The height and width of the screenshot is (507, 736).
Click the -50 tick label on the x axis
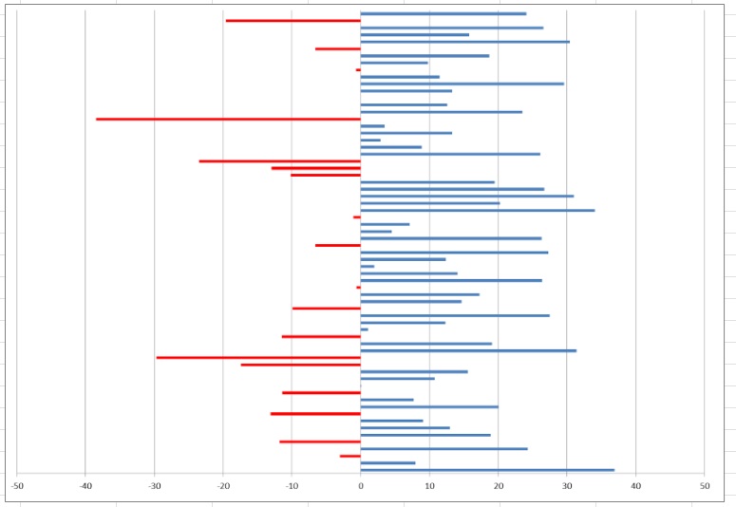click(x=17, y=486)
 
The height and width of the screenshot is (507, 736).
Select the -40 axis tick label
click(x=85, y=486)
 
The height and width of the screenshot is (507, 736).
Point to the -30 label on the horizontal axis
click(x=155, y=486)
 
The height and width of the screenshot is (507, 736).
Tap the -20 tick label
click(x=223, y=486)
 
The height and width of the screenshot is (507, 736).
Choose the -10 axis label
click(x=293, y=486)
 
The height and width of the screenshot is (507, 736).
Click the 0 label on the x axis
click(x=361, y=486)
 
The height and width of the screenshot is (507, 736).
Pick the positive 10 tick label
click(x=429, y=486)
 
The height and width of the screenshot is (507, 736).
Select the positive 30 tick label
click(x=567, y=486)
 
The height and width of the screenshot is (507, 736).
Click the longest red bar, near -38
click(x=228, y=119)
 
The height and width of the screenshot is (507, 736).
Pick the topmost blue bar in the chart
click(x=443, y=13)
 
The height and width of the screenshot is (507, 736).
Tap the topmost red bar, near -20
click(x=293, y=21)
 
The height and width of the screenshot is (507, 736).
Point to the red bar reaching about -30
click(x=258, y=358)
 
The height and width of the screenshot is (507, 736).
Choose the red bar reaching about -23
click(x=279, y=161)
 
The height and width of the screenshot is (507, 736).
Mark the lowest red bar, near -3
click(x=350, y=457)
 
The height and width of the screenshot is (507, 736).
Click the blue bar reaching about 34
click(x=478, y=210)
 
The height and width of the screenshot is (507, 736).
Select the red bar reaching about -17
click(x=300, y=365)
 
